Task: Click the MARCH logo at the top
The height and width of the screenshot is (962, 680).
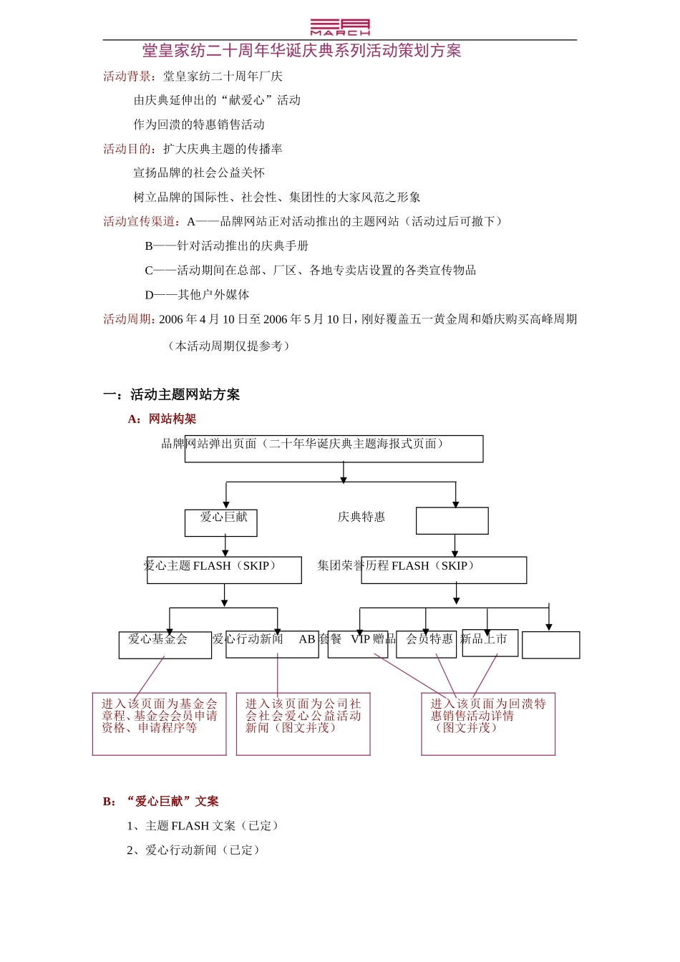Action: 340,27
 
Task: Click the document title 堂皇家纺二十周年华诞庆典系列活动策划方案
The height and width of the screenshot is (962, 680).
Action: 301,51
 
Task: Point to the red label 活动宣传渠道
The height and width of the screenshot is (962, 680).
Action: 141,222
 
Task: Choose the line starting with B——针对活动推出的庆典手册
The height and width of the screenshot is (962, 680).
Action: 226,246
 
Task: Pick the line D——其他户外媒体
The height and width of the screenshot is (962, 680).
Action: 197,295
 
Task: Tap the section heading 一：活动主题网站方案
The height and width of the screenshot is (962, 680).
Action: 171,394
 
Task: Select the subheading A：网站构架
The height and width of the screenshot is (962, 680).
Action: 162,419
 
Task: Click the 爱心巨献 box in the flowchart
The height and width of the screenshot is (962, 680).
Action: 221,522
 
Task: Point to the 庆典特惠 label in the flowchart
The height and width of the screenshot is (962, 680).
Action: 361,517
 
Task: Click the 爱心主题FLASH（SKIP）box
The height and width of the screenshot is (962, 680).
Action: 224,570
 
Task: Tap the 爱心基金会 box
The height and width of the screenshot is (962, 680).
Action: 165,644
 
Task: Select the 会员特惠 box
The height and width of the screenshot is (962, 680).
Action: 427,643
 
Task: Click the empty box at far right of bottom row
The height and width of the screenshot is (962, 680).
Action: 550,645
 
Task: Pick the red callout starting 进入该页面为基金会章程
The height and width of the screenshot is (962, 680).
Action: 159,723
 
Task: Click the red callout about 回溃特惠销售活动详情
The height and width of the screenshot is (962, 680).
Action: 488,723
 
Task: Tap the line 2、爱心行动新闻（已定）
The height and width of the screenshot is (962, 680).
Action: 195,850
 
